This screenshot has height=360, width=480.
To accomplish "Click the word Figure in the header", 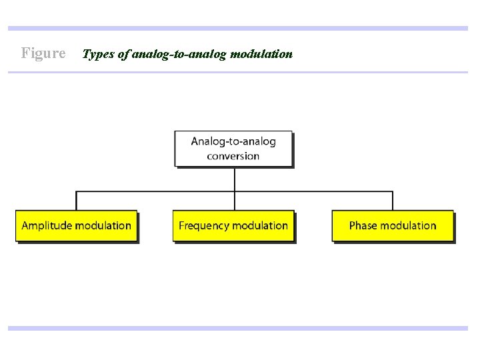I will pyautogui.click(x=43, y=53).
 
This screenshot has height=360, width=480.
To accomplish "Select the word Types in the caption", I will pyautogui.click(x=97, y=53).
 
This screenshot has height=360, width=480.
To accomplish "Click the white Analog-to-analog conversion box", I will pyautogui.click(x=233, y=148).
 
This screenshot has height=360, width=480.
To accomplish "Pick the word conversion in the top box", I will pyautogui.click(x=233, y=156).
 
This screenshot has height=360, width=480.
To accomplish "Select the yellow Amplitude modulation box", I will pyautogui.click(x=76, y=226).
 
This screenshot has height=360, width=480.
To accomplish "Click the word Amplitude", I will pyautogui.click(x=47, y=225).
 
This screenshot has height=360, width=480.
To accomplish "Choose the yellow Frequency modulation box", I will pyautogui.click(x=233, y=226).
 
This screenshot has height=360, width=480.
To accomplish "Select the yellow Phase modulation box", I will pyautogui.click(x=393, y=226).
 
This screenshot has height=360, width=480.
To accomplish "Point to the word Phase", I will pyautogui.click(x=363, y=225).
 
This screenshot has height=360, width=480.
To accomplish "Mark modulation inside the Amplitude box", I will pyautogui.click(x=103, y=225).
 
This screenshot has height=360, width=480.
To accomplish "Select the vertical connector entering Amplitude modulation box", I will pyautogui.click(x=77, y=201).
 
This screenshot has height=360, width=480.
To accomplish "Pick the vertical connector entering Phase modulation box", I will pyautogui.click(x=393, y=201).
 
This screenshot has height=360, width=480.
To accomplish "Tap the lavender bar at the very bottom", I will pyautogui.click(x=238, y=328).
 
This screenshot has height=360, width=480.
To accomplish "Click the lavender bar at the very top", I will pyautogui.click(x=238, y=29).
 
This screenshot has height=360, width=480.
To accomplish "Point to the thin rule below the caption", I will pyautogui.click(x=238, y=72).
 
